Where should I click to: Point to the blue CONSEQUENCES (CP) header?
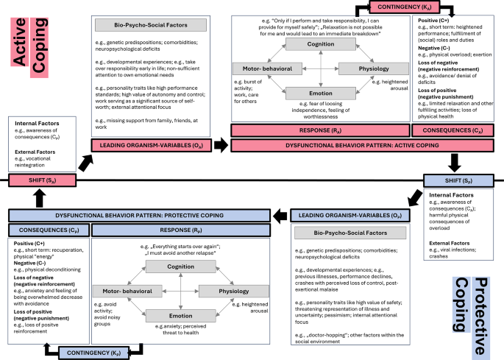click(x=47, y=229)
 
